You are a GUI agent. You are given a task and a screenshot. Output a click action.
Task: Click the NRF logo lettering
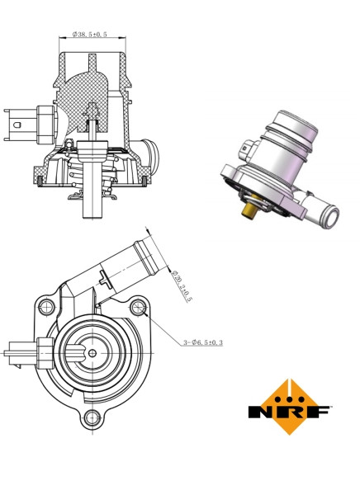[x=290, y=411]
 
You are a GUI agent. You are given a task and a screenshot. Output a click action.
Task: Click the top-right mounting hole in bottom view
[x=138, y=309]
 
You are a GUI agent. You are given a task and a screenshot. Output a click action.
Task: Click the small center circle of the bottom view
[x=92, y=354]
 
